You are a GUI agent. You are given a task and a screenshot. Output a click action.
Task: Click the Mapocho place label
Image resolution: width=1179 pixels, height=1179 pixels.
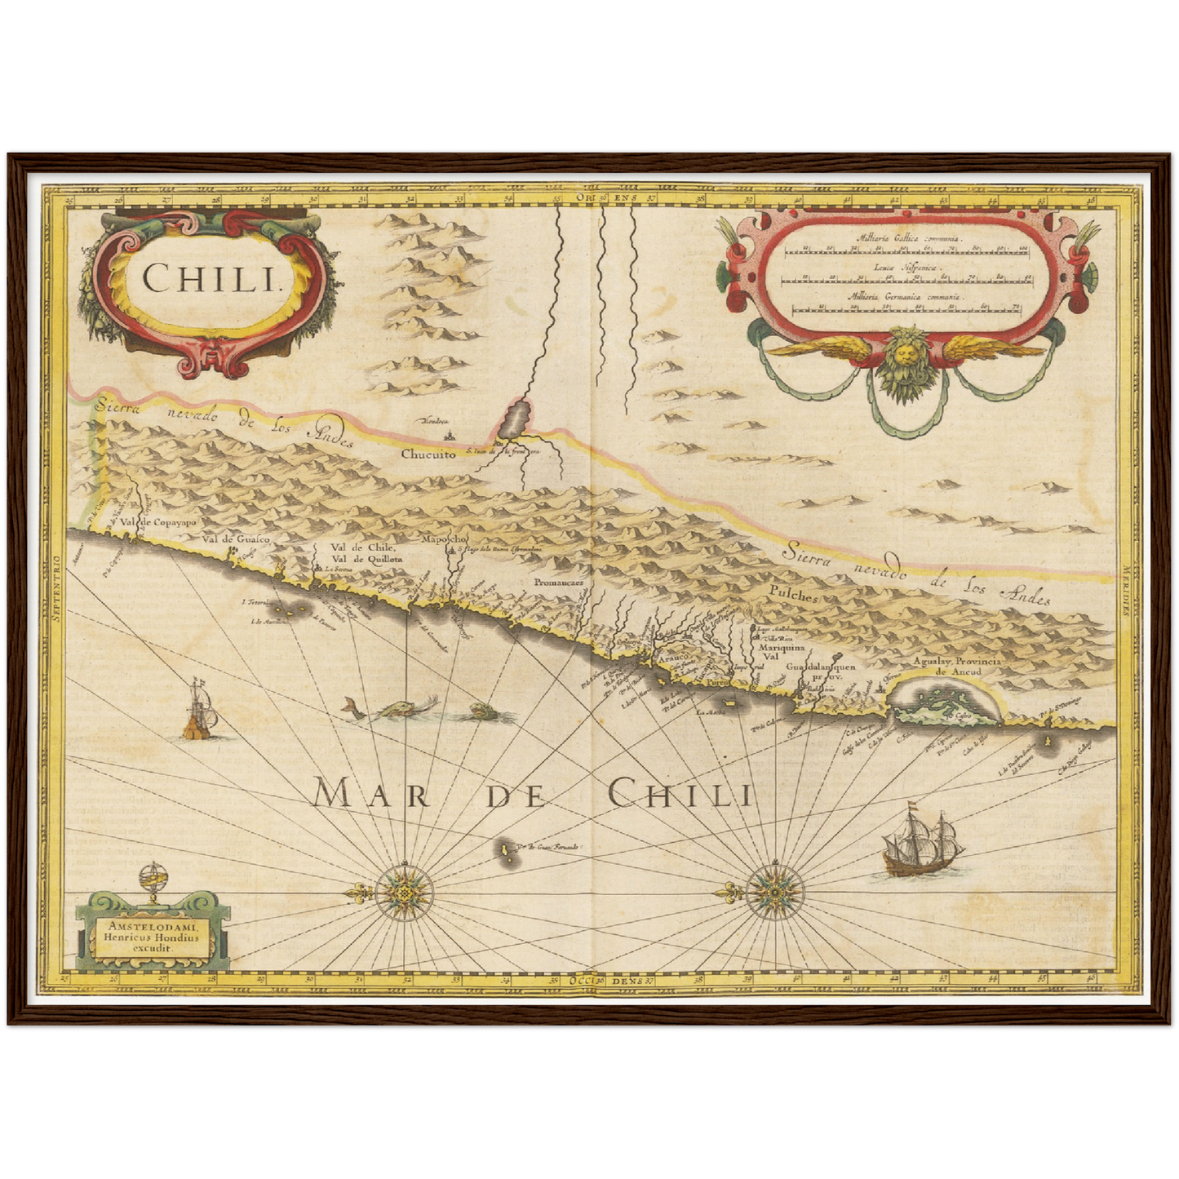(443, 539)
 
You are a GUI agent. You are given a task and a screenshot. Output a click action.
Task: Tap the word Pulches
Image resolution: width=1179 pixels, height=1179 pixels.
(791, 596)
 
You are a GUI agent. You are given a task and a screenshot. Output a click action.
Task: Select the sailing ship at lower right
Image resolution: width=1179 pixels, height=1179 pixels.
(920, 844)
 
